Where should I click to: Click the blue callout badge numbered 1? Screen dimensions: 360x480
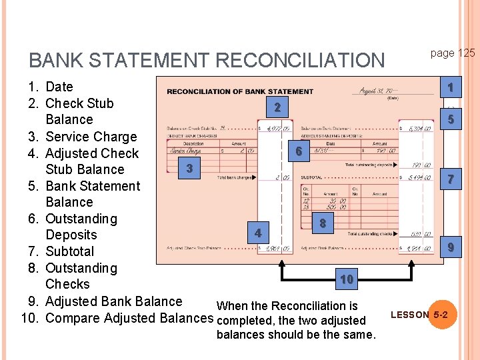coord(451,87)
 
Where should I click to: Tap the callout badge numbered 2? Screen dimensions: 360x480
coord(277,108)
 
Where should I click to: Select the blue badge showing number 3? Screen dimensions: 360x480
coord(190,169)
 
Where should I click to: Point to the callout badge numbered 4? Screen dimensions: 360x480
coord(258,233)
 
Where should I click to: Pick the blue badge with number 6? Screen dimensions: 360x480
coord(299,152)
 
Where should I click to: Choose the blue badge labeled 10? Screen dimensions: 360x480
coord(346,279)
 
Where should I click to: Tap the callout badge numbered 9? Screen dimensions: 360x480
coord(451,248)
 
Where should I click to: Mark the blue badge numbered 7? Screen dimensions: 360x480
coord(451,179)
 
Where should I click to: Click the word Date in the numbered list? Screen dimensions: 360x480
coord(59,87)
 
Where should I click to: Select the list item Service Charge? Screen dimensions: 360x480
coord(91,137)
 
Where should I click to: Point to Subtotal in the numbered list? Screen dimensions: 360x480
coord(69,251)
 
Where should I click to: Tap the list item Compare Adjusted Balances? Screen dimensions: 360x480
coord(129,318)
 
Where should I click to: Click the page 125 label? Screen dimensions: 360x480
coord(452,53)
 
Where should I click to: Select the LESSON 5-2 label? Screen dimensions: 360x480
coord(423,314)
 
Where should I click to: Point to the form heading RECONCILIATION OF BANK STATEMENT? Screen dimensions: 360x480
coord(240,91)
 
